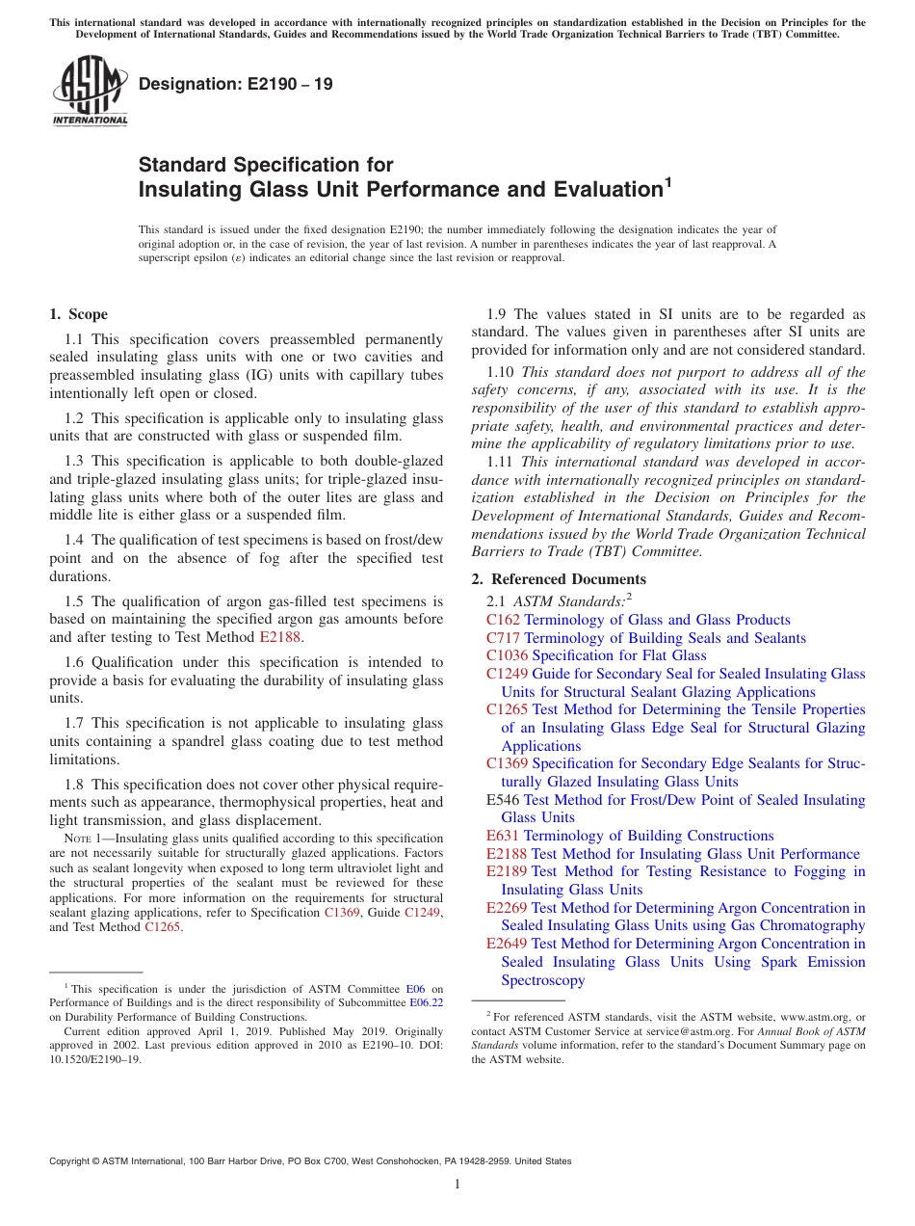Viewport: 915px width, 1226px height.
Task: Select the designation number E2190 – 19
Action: tap(236, 85)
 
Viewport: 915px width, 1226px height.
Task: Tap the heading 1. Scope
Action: tap(79, 314)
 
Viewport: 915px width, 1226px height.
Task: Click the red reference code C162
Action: tap(503, 620)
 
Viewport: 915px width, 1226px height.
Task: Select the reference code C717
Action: tap(503, 638)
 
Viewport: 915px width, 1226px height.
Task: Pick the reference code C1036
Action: tap(507, 655)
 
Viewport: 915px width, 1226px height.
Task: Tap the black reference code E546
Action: tap(503, 800)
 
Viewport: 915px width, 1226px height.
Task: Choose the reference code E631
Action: tap(503, 836)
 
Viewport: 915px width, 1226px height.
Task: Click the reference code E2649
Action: tap(507, 944)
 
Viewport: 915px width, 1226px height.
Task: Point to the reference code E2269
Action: tap(507, 908)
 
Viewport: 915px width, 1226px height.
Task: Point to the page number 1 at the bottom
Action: tap(457, 1184)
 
